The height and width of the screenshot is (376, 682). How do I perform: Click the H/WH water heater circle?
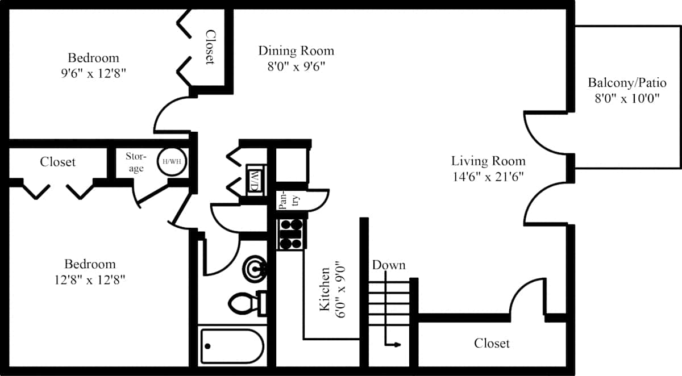172,161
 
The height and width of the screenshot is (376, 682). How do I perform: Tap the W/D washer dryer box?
256,180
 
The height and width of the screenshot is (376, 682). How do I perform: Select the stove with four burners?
291,234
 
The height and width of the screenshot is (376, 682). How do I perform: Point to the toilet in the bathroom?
247,303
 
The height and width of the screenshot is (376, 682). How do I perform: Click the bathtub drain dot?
208,346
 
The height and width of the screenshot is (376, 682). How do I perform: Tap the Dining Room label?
296,51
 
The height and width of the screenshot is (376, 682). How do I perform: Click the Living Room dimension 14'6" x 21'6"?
488,177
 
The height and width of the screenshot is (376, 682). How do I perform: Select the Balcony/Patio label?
627,83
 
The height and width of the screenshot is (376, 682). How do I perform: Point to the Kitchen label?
325,289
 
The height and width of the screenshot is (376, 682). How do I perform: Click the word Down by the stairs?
389,265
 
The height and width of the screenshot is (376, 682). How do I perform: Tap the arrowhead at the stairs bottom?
397,345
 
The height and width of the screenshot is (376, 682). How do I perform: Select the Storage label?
136,162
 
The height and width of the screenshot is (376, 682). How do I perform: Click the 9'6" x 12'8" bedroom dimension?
93,73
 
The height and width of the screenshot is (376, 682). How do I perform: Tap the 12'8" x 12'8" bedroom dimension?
90,279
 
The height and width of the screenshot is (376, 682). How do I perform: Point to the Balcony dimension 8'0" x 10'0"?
627,99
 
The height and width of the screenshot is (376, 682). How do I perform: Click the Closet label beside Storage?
57,162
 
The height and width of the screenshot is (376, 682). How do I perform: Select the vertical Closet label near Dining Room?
210,47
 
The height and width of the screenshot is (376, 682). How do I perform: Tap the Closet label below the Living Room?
492,343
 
